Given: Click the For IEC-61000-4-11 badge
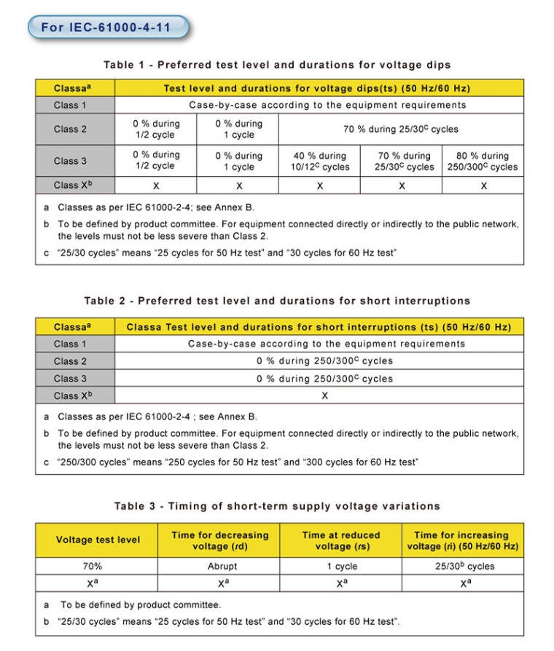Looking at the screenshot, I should tap(108, 28).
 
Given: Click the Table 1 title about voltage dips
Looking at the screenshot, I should tap(277, 65).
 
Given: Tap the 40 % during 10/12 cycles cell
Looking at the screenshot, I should tap(321, 161).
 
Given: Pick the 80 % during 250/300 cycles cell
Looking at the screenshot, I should tap(483, 161).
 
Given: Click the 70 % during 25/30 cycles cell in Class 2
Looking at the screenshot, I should tap(401, 129).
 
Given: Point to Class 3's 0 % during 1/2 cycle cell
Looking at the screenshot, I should tap(156, 160).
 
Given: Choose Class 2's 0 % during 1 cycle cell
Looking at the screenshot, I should tap(238, 129).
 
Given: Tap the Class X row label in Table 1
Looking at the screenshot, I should tap(74, 185).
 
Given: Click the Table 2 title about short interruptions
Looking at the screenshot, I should tap(277, 301).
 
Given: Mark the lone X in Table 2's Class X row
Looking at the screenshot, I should tap(325, 395).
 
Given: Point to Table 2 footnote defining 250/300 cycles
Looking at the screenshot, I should tap(232, 462).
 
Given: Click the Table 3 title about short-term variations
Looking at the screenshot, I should tap(277, 506).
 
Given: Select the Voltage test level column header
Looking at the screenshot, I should tap(98, 540).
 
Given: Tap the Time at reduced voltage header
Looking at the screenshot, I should tap(341, 540).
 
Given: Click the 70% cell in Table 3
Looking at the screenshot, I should tap(97, 566).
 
